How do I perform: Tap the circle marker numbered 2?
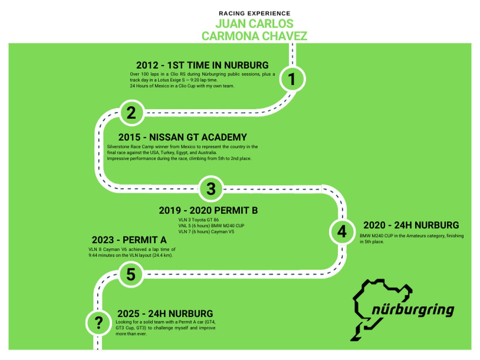point(132,113)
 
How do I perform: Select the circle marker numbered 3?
point(211,188)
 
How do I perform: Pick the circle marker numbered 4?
point(342,232)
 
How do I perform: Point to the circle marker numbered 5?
point(131,275)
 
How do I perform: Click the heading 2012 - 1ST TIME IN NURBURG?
point(202,65)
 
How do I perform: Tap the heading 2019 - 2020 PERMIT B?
point(208,210)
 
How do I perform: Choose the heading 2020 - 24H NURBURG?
point(411,225)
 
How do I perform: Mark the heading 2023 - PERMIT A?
point(129,240)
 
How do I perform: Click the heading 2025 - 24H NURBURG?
point(165,313)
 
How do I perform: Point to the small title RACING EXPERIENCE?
point(254,14)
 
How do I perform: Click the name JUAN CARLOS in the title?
point(254,24)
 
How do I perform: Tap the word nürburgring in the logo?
point(413,310)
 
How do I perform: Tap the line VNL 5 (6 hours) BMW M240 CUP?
point(211,226)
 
